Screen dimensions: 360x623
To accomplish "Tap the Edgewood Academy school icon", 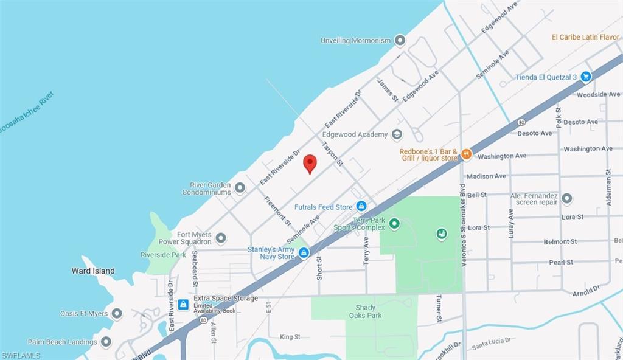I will (x=397, y=134).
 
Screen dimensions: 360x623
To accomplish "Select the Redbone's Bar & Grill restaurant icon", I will (x=467, y=154).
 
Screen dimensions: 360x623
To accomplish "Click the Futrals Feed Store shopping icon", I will (x=361, y=207).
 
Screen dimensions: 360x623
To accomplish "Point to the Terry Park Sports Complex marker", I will (x=394, y=224).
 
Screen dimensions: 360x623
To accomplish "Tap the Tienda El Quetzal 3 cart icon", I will (x=586, y=77).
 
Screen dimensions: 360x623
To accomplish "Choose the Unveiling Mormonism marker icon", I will (x=400, y=41).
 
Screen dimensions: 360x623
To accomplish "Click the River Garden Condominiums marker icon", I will (x=240, y=189).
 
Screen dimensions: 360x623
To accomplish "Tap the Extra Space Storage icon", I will (x=183, y=303).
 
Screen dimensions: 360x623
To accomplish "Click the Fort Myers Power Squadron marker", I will (x=221, y=238).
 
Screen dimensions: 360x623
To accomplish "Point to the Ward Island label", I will (x=92, y=271).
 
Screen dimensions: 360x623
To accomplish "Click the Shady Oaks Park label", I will (x=365, y=311).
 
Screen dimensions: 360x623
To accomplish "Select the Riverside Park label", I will (x=163, y=255).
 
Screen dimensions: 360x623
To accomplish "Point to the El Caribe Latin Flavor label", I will (x=585, y=37).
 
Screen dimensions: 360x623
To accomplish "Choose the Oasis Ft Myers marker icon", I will (x=117, y=314).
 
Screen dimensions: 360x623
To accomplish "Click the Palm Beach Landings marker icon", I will (x=106, y=342).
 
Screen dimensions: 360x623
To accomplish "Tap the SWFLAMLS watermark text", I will (x=21, y=355).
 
